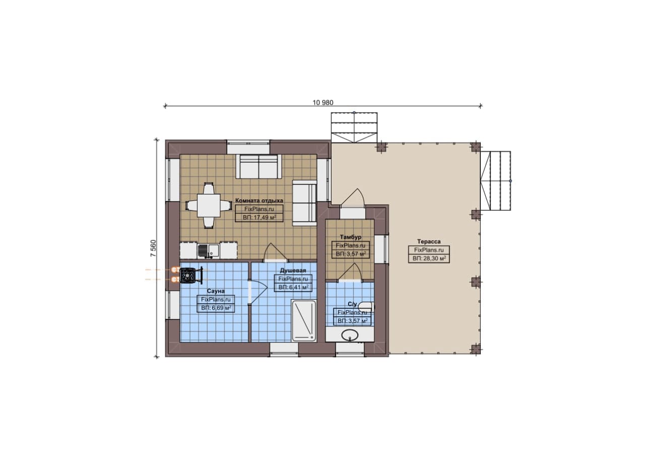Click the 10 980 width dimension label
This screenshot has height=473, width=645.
pyautogui.click(x=323, y=102)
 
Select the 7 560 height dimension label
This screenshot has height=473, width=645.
pyautogui.click(x=153, y=248)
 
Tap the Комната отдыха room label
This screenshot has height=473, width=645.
pyautogui.click(x=259, y=200)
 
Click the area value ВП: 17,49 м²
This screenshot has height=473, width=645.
pyautogui.click(x=260, y=217)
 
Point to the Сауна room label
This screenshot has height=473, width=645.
pyautogui.click(x=216, y=291)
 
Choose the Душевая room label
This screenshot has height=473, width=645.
pyautogui.click(x=293, y=271)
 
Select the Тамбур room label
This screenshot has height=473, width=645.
pyautogui.click(x=350, y=237)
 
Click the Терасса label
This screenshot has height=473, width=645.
pyautogui.click(x=429, y=242)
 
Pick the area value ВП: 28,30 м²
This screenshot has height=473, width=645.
pyautogui.click(x=429, y=258)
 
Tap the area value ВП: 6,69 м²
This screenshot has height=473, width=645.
pyautogui.click(x=216, y=308)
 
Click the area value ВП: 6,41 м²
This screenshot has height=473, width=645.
pyautogui.click(x=293, y=287)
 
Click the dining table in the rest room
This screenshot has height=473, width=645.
pyautogui.click(x=209, y=206)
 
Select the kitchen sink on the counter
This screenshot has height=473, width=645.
pyautogui.click(x=208, y=251)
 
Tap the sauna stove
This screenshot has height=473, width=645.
pyautogui.click(x=188, y=276)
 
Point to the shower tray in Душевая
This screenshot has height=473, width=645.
pyautogui.click(x=304, y=321)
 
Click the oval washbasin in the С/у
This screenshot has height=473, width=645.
pyautogui.click(x=350, y=335)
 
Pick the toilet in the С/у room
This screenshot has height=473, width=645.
pyautogui.click(x=367, y=307)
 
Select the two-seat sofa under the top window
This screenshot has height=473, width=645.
pyautogui.click(x=259, y=166)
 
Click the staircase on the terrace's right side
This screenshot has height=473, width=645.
pyautogui.click(x=495, y=181)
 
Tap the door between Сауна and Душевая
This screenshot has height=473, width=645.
pyautogui.click(x=257, y=291)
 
